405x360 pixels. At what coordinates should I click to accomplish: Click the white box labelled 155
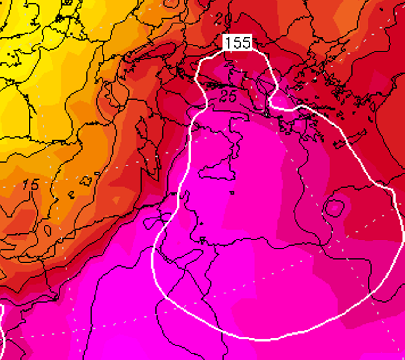pos(238,43)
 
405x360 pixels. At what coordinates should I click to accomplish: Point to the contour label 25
pos(228,96)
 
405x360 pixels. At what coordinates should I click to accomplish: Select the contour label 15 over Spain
pos(30,184)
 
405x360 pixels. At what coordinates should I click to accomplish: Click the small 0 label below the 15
pos(47,230)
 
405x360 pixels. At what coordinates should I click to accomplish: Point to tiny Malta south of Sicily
pos(232,193)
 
